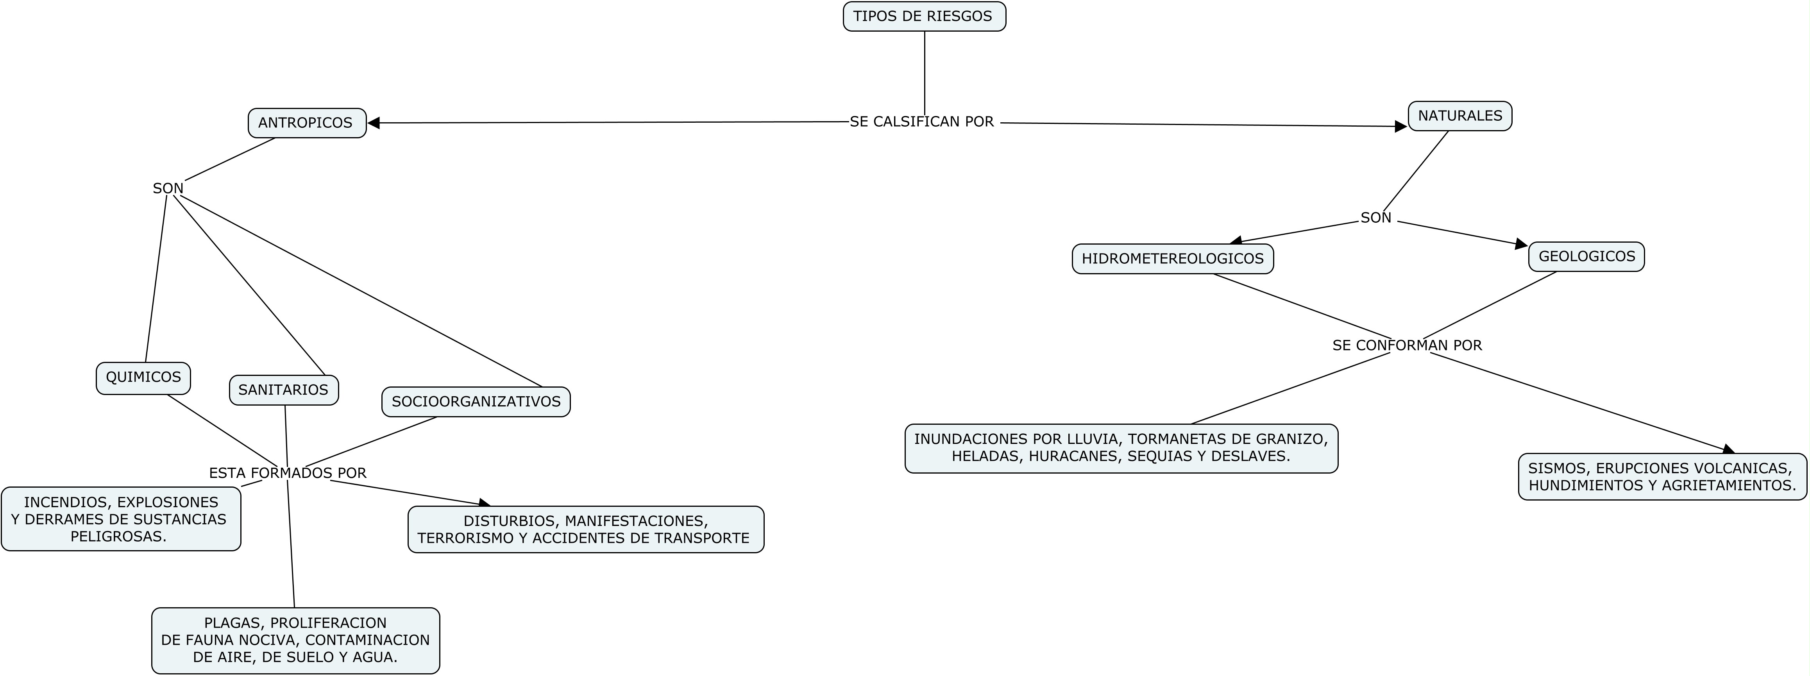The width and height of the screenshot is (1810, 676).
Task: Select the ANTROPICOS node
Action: (306, 123)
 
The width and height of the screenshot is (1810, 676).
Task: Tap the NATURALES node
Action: (1459, 116)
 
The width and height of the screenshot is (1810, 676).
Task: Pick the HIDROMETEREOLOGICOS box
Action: (1172, 259)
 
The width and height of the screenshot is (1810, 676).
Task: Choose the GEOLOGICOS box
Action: (1586, 256)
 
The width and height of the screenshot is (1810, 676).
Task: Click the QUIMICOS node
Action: (143, 377)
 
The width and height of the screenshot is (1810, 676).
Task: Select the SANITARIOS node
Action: (283, 390)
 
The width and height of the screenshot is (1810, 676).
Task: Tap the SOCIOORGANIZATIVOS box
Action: (476, 402)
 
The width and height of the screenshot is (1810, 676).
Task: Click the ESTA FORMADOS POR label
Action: (287, 473)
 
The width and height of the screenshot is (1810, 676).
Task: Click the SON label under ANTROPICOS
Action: (168, 188)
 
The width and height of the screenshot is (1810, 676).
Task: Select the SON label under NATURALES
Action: (1375, 218)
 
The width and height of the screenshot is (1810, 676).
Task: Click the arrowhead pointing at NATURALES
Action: (1400, 127)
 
